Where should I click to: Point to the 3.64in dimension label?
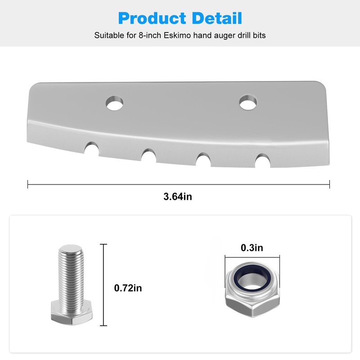coord(179,197)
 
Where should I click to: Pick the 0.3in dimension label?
coord(252,247)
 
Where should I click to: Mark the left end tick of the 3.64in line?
coord(28,184)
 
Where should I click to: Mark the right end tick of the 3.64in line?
coord(329,184)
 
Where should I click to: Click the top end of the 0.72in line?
coord(105,245)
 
